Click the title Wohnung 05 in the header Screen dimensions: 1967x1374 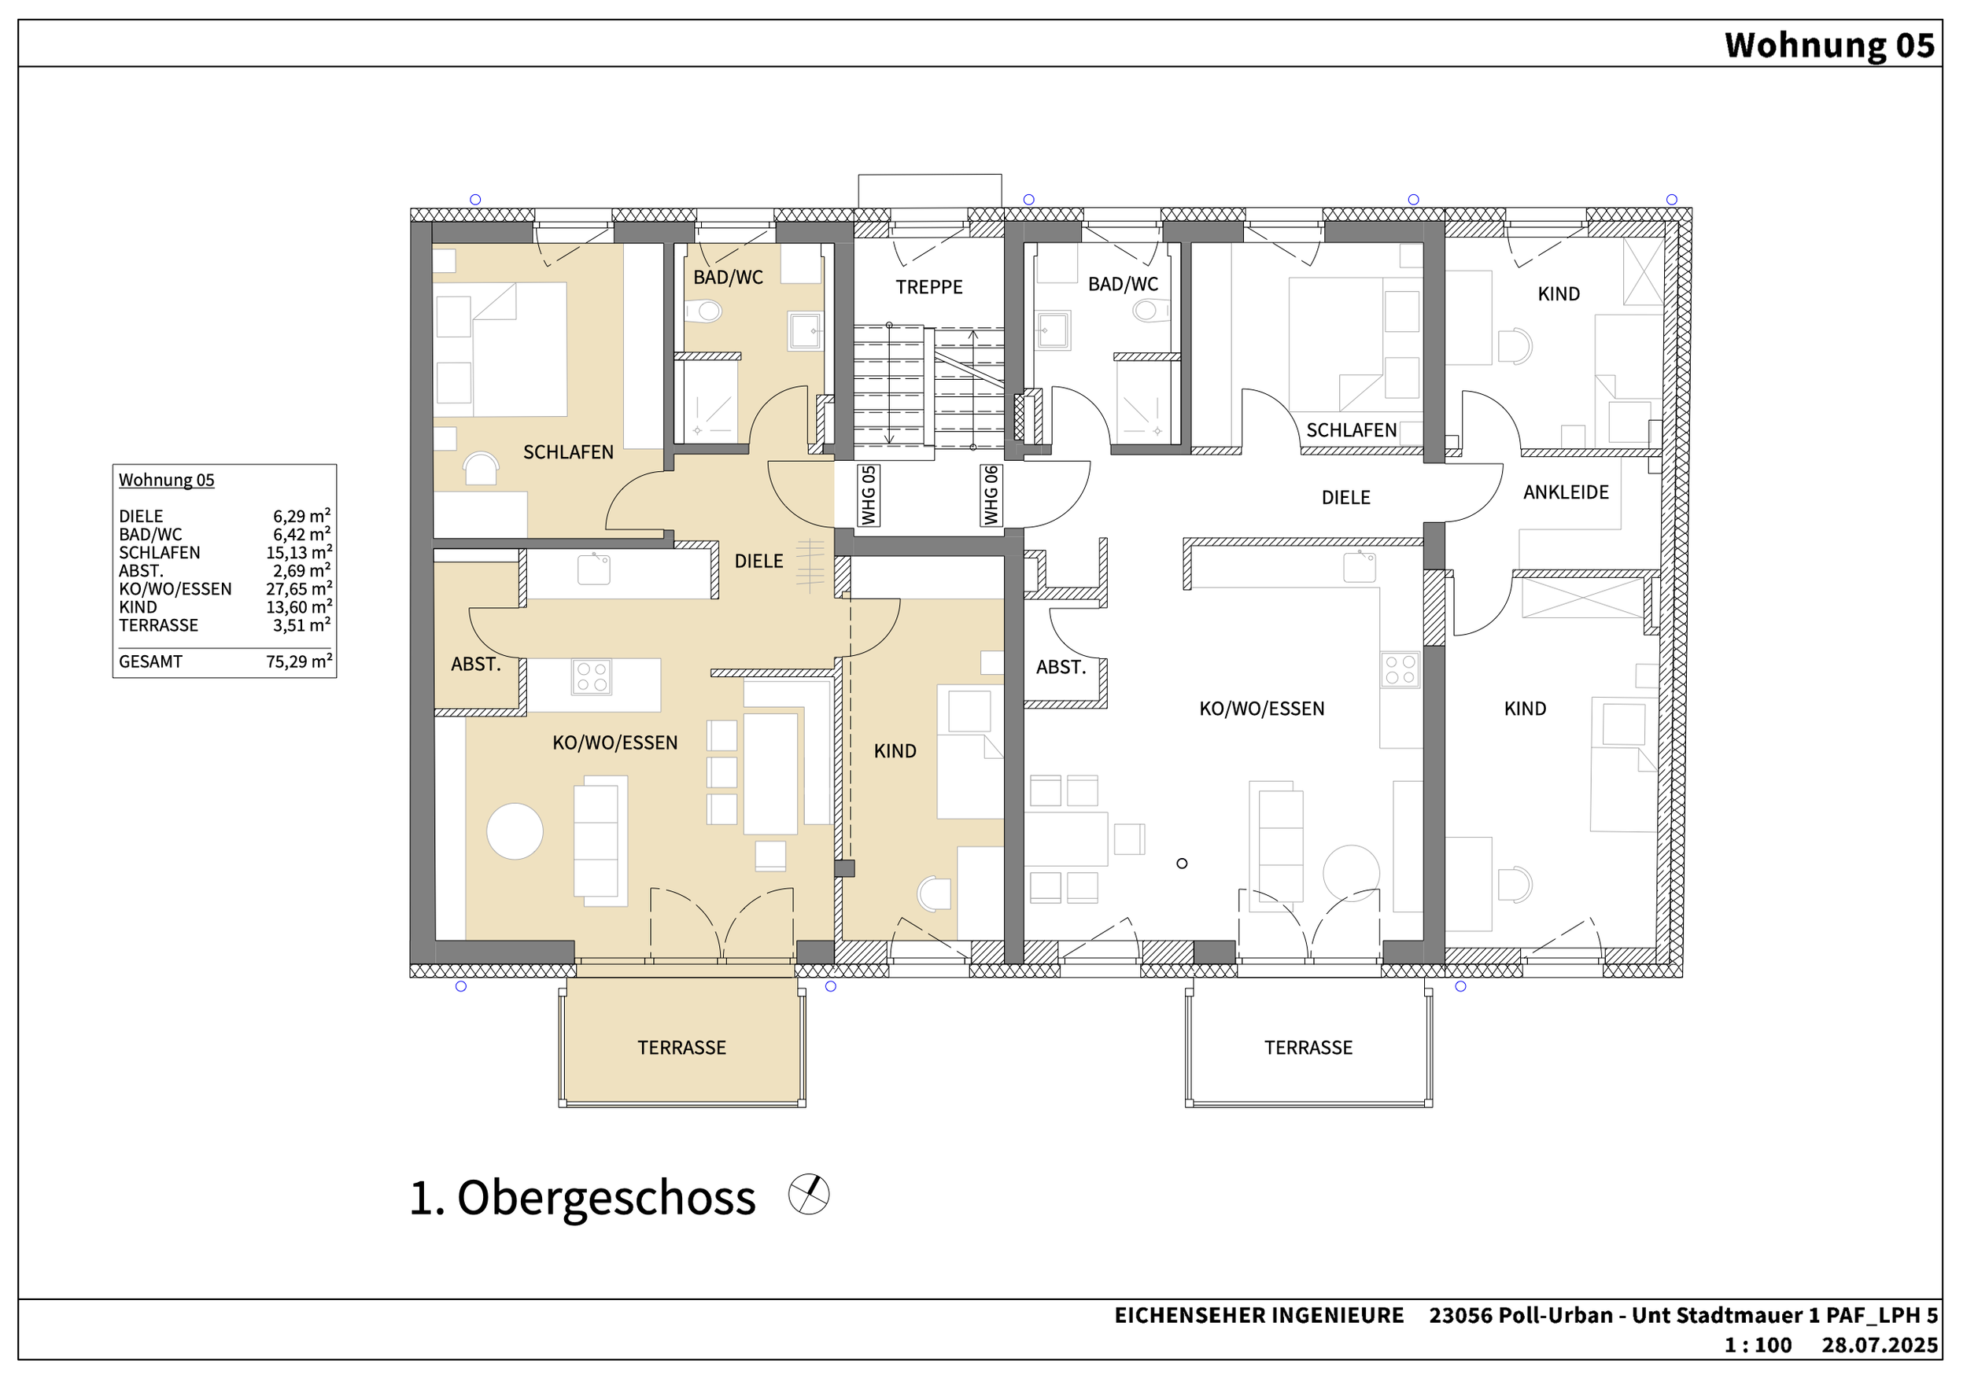pos(1829,45)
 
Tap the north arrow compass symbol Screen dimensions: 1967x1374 pos(809,1194)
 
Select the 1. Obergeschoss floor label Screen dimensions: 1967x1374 pos(582,1198)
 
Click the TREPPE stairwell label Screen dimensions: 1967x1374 pos(928,287)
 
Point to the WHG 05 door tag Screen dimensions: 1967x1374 pos(869,495)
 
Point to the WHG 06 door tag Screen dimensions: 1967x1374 pos(991,495)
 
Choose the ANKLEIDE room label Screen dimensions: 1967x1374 pos(1566,492)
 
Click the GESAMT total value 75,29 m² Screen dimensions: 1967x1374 pos(298,661)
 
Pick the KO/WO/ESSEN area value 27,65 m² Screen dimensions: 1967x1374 pos(298,588)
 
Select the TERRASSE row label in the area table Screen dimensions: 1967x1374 pos(158,625)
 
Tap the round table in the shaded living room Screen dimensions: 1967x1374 pos(515,831)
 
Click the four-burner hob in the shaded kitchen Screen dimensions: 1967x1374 pos(592,676)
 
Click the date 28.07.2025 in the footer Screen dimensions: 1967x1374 pos(1880,1345)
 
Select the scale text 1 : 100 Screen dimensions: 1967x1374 pos(1758,1345)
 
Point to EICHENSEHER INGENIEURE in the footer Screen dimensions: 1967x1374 pos(1259,1316)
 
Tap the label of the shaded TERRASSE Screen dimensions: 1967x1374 pos(681,1048)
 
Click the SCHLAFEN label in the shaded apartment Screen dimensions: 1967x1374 pos(568,452)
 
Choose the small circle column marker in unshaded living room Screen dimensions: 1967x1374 pos(1183,864)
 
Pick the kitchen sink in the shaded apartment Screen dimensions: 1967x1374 pos(594,569)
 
